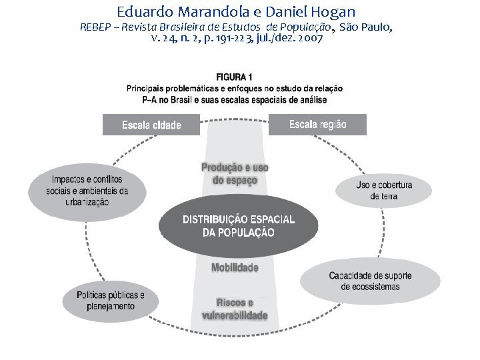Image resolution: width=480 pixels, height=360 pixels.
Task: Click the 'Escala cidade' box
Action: tap(151, 125)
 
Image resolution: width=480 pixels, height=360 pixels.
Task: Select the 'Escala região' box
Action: tap(317, 124)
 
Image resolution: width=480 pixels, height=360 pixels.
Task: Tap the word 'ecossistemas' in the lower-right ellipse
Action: tap(370, 287)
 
